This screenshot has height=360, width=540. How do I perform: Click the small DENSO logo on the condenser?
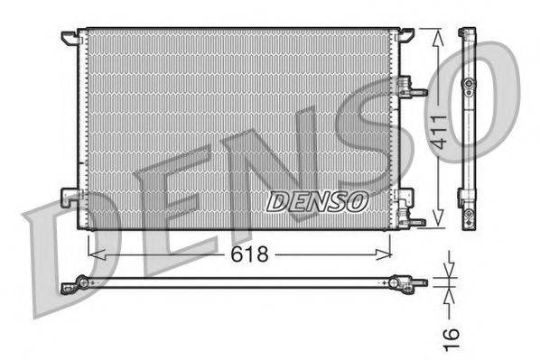316,200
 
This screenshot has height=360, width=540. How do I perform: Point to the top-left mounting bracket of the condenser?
70,37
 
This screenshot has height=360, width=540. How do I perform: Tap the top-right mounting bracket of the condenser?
405,35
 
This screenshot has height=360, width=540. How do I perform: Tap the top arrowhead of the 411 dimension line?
438,35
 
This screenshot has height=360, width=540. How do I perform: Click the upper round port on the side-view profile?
468,84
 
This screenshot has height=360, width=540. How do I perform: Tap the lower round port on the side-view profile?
468,215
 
